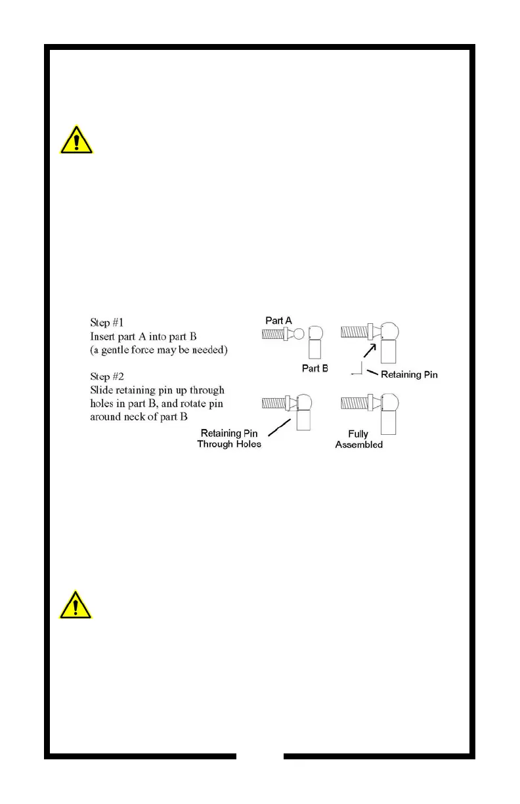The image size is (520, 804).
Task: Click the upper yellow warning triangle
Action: (76, 140)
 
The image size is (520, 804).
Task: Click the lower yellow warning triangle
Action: (76, 603)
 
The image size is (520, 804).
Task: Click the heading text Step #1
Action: (108, 323)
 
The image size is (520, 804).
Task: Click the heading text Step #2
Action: (108, 378)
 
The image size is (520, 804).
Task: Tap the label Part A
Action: (278, 320)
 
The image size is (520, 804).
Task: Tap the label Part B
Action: (315, 368)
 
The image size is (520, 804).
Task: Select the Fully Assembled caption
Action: (359, 439)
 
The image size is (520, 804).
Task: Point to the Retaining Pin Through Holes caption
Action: (230, 439)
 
